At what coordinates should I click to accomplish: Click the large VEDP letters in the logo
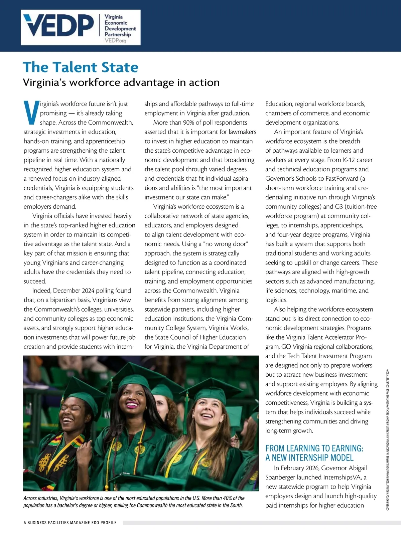pyautogui.click(x=58, y=26)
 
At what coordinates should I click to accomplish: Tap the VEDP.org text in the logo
pyautogui.click(x=116, y=41)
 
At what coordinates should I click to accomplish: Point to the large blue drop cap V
pyautogui.click(x=31, y=114)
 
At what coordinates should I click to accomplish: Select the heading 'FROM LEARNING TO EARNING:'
pyautogui.click(x=314, y=448)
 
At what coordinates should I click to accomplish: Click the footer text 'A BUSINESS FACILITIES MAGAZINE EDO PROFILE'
pyautogui.click(x=70, y=523)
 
